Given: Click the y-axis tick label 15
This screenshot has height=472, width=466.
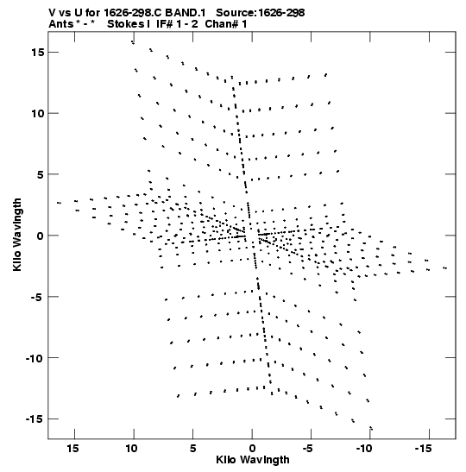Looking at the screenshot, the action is [x=38, y=53].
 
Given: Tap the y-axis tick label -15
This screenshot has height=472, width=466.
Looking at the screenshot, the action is [x=35, y=419].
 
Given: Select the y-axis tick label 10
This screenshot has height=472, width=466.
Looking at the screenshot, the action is [x=38, y=114].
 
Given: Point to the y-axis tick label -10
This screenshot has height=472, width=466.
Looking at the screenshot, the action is [x=35, y=358].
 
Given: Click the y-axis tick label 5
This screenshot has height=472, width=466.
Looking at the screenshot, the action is [x=41, y=174].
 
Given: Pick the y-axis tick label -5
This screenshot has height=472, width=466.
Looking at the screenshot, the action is [x=38, y=297].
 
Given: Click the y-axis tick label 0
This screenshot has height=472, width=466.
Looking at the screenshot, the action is [x=41, y=236].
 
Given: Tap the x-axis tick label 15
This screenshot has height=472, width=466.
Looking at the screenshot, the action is [x=73, y=449].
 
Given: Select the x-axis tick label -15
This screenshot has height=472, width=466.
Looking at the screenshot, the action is [x=423, y=449].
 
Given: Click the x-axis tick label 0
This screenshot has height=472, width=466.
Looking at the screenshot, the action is [x=252, y=449].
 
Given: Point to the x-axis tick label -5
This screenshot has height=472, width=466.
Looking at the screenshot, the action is [x=308, y=449].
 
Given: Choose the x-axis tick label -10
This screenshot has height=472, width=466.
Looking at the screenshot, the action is [x=364, y=449].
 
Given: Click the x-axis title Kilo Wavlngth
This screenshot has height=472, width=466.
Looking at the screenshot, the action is [x=253, y=460].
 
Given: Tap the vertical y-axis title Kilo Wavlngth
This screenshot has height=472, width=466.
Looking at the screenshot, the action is [x=17, y=235].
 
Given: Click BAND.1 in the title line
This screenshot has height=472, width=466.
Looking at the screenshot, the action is [x=186, y=13].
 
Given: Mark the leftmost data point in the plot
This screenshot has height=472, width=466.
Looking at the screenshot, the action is [x=59, y=203].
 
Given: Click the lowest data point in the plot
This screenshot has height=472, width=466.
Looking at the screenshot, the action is [x=371, y=428].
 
